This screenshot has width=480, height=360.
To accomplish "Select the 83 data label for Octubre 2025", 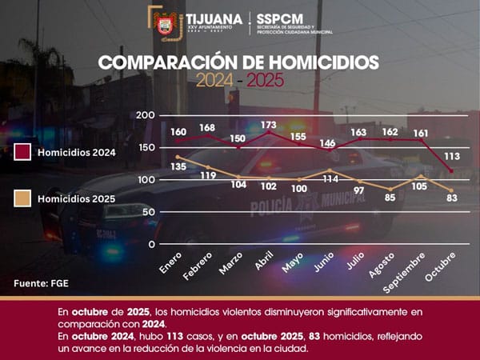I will click(452, 198).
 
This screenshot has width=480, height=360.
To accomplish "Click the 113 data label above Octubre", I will click(452, 156).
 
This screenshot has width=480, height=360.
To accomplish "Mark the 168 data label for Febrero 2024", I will click(207, 128).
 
